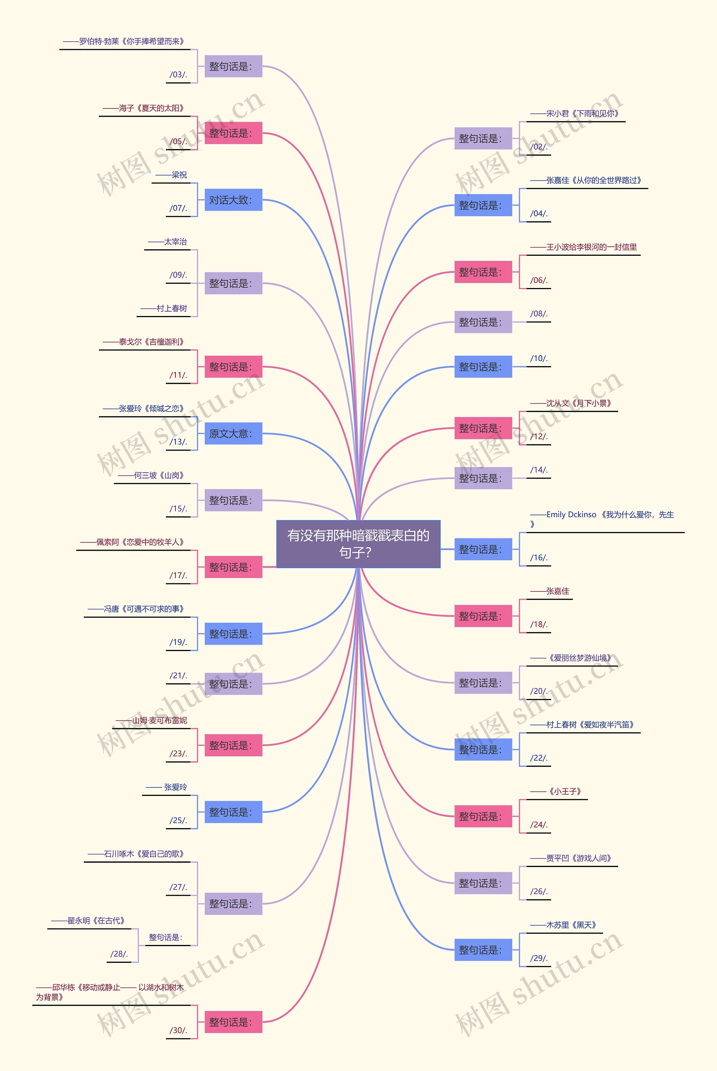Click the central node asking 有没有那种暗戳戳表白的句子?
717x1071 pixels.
coord(358,544)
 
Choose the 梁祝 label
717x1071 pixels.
coord(171,175)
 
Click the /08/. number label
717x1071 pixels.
coord(539,314)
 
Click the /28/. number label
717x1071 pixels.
coord(119,954)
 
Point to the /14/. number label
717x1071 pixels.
coord(539,470)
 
